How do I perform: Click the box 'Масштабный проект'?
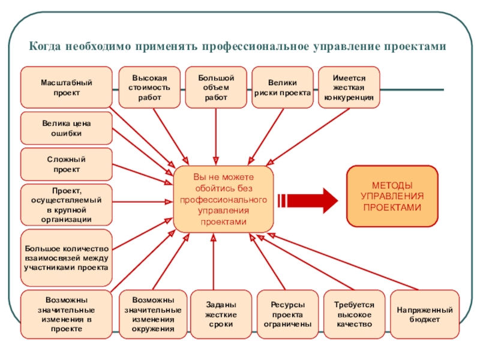pos(66,88)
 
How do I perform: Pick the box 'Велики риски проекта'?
pos(282,88)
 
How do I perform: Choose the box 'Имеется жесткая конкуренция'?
pos(349,88)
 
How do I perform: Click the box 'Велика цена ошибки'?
pos(66,128)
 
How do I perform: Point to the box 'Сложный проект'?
pos(66,164)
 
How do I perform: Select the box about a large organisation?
pos(66,205)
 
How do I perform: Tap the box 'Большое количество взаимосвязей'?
pos(66,257)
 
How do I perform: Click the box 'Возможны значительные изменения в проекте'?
pos(66,314)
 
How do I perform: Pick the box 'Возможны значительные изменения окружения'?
pos(153,314)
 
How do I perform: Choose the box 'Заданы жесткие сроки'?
pos(220,314)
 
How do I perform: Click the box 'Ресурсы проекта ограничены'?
pos(287,314)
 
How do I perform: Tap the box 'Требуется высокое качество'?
pos(354,314)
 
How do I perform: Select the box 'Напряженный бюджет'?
pos(425,314)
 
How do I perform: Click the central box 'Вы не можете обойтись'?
pos(223,199)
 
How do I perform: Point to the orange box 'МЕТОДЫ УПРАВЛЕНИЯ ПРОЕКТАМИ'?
pos(392,196)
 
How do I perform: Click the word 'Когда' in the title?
pos(47,46)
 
